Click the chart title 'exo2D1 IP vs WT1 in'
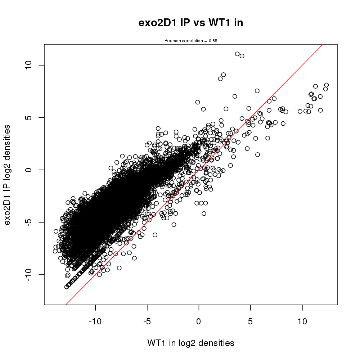pos(191,23)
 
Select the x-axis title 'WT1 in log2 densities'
pos(191,343)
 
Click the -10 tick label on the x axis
pos(95,321)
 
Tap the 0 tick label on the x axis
pos(199,321)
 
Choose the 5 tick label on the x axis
pos(251,321)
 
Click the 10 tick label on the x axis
pos(302,321)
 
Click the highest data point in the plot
pos(237,54)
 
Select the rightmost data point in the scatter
pos(327,85)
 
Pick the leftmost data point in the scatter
pos(55,251)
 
